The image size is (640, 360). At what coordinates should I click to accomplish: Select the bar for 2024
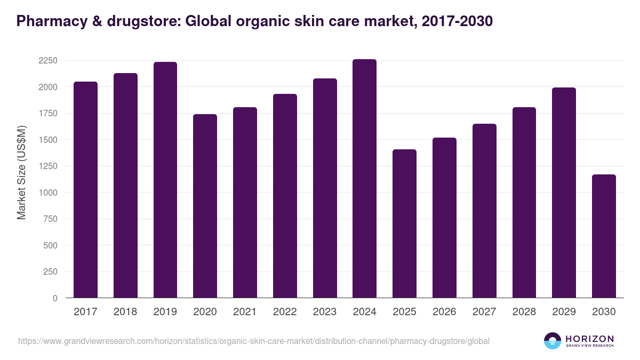click(364, 179)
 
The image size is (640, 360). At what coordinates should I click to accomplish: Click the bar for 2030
click(604, 236)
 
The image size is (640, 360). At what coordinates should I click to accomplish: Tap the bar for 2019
click(165, 180)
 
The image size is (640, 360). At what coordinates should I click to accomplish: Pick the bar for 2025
click(404, 223)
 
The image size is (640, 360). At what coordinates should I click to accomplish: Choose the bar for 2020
click(205, 206)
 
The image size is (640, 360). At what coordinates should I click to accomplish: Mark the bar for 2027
click(484, 211)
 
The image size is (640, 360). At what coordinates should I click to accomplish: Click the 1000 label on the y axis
click(47, 193)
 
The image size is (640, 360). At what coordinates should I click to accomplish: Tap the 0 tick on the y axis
click(54, 298)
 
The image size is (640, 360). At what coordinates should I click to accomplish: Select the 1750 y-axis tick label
click(47, 113)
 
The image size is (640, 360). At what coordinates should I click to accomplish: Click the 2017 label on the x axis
click(85, 312)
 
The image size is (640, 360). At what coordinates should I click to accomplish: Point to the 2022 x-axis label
click(285, 312)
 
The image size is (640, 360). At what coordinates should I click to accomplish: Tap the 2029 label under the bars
click(564, 312)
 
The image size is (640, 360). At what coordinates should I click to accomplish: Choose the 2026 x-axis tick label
click(444, 312)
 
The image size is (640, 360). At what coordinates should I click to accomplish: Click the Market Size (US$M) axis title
click(21, 172)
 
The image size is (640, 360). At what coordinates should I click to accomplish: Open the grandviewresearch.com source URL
click(253, 341)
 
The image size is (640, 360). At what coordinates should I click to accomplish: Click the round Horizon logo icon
click(553, 341)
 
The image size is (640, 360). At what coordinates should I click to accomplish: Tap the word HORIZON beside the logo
click(589, 339)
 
